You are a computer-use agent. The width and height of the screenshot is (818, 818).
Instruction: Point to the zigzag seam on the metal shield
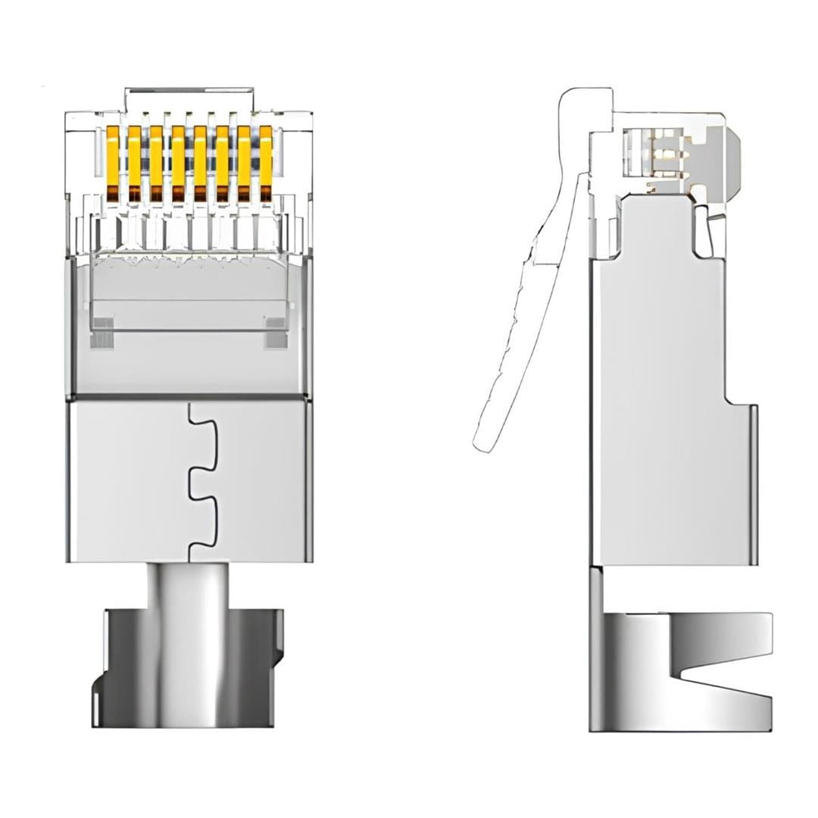coord(198,481)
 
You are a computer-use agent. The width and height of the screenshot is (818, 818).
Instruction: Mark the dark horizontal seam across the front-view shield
coord(189,396)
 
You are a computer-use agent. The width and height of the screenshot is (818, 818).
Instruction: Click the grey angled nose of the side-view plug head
coord(730,163)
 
